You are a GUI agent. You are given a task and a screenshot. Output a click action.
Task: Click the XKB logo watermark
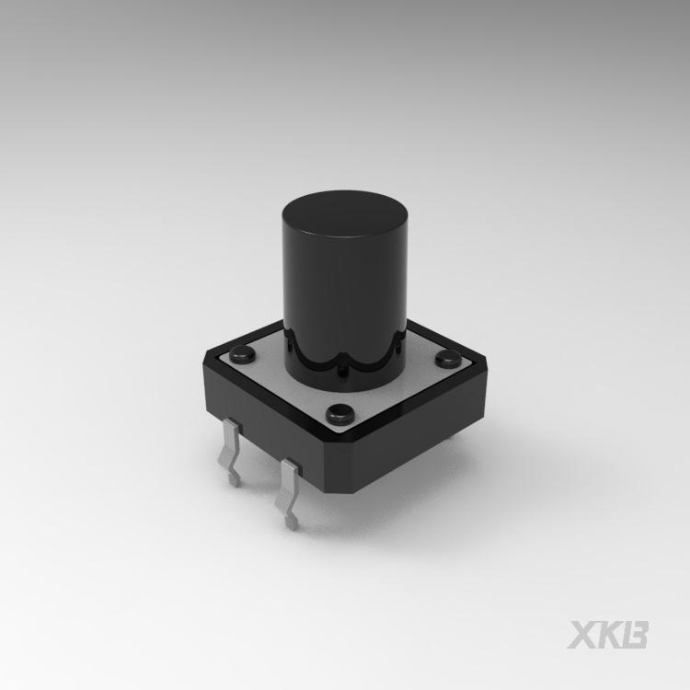pyautogui.click(x=608, y=635)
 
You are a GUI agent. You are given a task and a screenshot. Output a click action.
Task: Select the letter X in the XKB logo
pyautogui.click(x=583, y=635)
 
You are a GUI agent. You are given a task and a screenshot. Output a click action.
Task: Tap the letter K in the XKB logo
pyautogui.click(x=609, y=635)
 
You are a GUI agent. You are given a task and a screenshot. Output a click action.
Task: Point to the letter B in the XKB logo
pyautogui.click(x=635, y=635)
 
